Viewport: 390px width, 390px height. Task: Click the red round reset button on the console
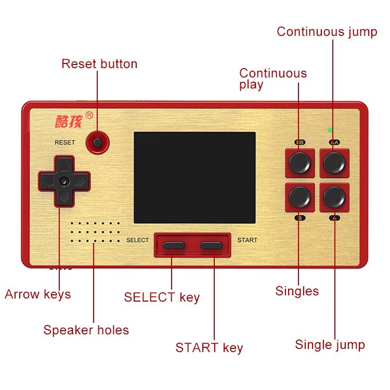coord(98,143)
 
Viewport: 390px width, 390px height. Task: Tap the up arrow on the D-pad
coord(64,165)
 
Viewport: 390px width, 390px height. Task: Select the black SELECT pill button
coord(174,245)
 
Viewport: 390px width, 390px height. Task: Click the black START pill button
coord(211,245)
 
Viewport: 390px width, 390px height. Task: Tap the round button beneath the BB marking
coord(300,163)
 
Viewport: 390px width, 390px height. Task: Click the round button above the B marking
coord(300,197)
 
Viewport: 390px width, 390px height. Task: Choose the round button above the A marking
coord(334,197)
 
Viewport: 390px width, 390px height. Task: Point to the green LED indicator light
coord(330,130)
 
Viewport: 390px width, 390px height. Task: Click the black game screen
coord(195,178)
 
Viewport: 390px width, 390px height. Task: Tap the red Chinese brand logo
coord(69,122)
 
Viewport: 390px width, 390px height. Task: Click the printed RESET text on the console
coord(64,142)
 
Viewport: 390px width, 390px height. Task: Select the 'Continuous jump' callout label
coord(327,32)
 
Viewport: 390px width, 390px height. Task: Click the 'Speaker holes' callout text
coord(86,330)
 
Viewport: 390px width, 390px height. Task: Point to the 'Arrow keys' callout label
coord(38,295)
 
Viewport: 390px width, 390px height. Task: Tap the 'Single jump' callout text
coord(330,345)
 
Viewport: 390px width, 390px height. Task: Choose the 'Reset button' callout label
coord(99,64)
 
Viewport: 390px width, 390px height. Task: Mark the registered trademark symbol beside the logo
coord(89,115)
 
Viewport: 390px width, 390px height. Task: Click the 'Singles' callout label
coord(297,291)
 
